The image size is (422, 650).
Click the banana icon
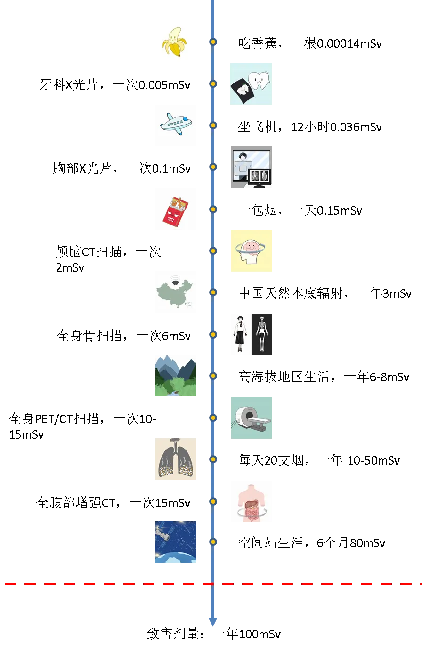[175, 42]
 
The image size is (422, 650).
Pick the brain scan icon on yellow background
[252, 249]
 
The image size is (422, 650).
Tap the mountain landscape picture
[177, 375]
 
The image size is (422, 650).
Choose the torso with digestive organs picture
[252, 502]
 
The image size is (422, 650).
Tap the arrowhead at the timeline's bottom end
[213, 621]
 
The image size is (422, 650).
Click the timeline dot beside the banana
[213, 42]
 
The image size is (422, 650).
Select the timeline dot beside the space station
[213, 542]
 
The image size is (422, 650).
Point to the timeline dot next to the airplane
[213, 125]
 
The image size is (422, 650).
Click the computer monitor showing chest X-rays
[260, 177]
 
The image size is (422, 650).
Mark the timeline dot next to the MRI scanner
[213, 417]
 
